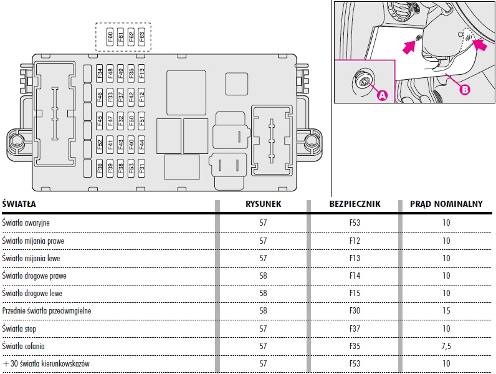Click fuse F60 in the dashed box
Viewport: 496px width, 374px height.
click(110, 37)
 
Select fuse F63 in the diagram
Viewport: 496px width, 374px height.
click(142, 37)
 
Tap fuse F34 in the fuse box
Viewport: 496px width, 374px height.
click(100, 74)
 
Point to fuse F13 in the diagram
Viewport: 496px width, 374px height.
click(142, 74)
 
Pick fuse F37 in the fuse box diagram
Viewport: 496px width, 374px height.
click(121, 97)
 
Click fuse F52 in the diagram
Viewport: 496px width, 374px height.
click(100, 145)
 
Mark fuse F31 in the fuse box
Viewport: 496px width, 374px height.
click(142, 166)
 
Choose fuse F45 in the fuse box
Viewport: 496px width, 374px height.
click(100, 120)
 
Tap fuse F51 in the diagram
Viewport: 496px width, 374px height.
click(142, 120)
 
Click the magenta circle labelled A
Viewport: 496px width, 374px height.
click(383, 94)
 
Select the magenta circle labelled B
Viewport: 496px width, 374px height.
click(464, 89)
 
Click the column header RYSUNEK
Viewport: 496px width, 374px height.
click(263, 204)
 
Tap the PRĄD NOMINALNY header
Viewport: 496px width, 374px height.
click(446, 204)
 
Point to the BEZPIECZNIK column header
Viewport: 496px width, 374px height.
click(355, 204)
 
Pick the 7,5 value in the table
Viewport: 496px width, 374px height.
click(446, 345)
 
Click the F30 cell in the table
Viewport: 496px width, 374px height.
click(355, 310)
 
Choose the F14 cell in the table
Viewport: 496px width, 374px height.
click(355, 276)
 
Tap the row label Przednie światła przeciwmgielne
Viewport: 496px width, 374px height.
click(47, 310)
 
